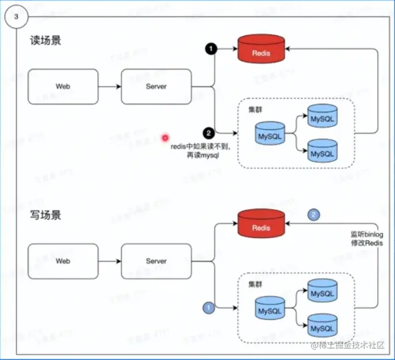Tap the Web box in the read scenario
click(x=63, y=87)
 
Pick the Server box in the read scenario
click(x=156, y=87)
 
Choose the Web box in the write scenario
click(x=63, y=261)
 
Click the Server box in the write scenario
click(x=156, y=261)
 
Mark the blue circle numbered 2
click(x=314, y=214)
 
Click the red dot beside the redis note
click(x=165, y=139)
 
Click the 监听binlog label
click(x=365, y=234)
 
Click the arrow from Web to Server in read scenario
click(x=109, y=87)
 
